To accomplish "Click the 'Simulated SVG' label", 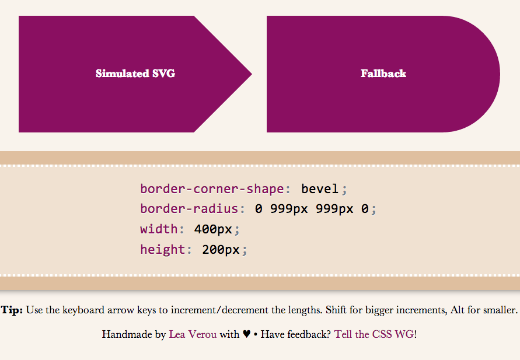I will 135,74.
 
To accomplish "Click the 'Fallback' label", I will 383,74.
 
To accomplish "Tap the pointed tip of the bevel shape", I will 249,74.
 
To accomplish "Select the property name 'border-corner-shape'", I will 212,189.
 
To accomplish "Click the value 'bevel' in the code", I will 320,189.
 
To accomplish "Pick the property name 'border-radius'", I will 189,209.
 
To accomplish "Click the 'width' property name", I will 159,229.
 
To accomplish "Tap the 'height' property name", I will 163,250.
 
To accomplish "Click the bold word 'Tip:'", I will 12,310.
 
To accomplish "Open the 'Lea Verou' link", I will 193,334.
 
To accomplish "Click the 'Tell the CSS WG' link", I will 374,334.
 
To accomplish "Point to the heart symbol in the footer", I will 246,334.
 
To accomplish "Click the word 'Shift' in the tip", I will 337,310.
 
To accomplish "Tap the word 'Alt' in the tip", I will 458,310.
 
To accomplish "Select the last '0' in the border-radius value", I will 365,209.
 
